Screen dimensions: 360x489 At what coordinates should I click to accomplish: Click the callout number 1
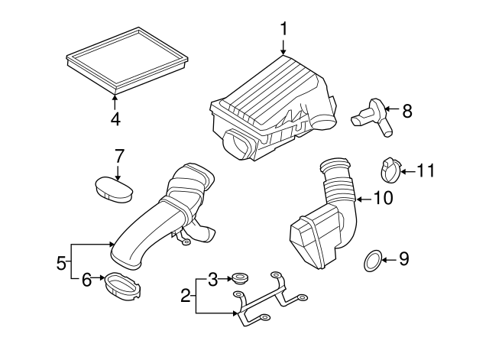click(x=283, y=29)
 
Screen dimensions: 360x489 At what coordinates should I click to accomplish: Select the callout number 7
click(x=118, y=156)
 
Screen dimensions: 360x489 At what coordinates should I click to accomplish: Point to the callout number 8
click(x=406, y=112)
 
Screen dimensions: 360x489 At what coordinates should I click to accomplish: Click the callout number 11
click(x=425, y=170)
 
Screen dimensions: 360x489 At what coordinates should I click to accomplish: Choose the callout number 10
click(x=383, y=199)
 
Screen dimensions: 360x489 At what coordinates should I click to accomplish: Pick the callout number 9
click(x=404, y=260)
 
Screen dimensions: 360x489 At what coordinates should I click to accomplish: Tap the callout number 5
click(x=61, y=264)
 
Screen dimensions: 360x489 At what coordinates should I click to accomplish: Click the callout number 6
click(x=87, y=281)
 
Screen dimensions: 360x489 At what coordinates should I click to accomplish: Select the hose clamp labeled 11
click(x=389, y=170)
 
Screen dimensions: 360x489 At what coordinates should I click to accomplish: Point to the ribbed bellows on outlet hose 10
click(x=336, y=183)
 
